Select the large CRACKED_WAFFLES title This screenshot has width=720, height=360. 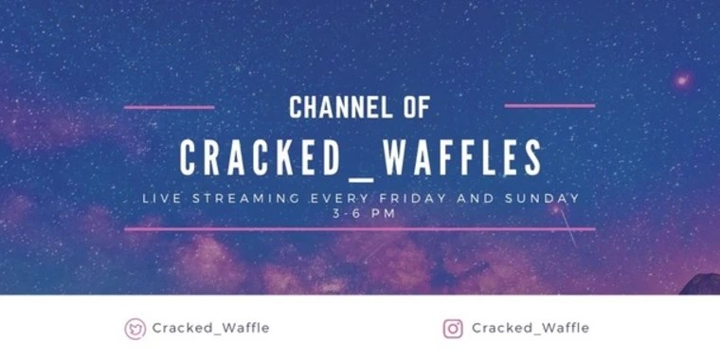tap(361, 158)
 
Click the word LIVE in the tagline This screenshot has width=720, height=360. tap(160, 199)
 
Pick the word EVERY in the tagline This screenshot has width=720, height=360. tap(340, 199)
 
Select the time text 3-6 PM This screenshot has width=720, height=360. tap(359, 213)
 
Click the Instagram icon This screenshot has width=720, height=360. tap(453, 329)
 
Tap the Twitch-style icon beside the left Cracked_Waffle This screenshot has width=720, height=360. tap(135, 329)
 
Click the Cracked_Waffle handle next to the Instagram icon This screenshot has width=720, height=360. tap(531, 328)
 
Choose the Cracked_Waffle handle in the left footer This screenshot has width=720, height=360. tap(210, 328)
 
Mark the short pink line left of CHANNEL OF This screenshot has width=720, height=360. tap(169, 107)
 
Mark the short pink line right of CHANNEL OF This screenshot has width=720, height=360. tap(549, 106)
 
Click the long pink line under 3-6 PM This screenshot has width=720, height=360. tap(360, 229)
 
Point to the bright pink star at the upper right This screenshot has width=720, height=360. tap(681, 81)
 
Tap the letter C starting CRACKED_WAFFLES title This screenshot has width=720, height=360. tap(189, 158)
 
